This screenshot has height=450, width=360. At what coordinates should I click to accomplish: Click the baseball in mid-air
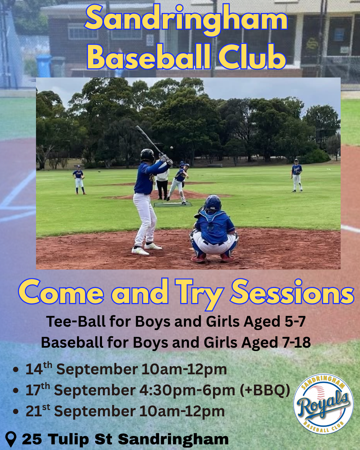pyautogui.click(x=172, y=148)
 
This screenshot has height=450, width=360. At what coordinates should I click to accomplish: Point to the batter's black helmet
pyautogui.click(x=147, y=155)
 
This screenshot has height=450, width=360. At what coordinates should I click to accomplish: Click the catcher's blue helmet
pyautogui.click(x=213, y=203)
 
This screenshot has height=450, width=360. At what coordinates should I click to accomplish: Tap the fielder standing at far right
pyautogui.click(x=297, y=175)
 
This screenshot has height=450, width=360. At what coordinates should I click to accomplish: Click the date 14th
pyautogui.click(x=38, y=369)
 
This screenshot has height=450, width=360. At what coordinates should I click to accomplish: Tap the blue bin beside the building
pyautogui.click(x=44, y=66)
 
